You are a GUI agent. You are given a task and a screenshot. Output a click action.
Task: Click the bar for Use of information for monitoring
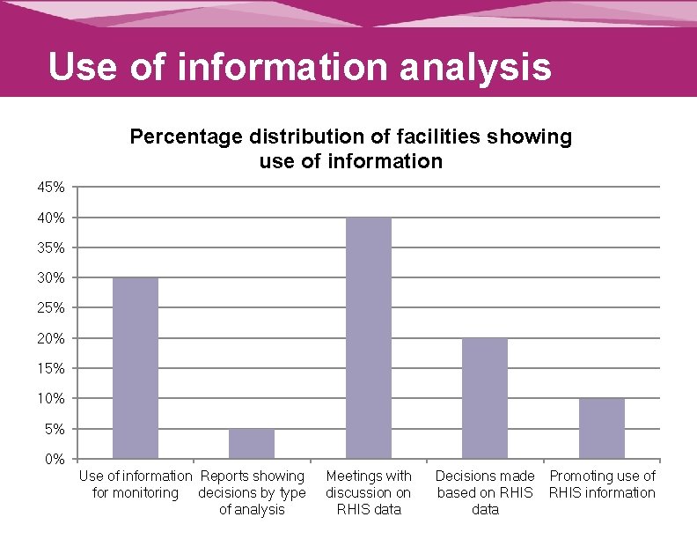coord(136,368)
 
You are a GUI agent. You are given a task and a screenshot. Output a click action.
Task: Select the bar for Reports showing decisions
coord(252,444)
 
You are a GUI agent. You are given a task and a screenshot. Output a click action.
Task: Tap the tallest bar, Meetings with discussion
coord(369,338)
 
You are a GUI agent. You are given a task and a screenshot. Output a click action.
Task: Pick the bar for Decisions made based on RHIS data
coord(485,398)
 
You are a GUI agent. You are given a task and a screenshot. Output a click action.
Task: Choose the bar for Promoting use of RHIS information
coord(602,428)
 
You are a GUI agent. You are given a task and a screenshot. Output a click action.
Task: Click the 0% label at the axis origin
coord(54,459)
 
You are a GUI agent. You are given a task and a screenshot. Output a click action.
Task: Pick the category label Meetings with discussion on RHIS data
coord(369,492)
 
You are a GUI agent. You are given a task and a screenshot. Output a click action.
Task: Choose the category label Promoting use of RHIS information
coord(602,484)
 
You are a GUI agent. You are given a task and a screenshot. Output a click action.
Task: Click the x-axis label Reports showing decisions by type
coord(252,492)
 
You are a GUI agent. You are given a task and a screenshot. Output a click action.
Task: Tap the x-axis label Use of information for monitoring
coord(136,484)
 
